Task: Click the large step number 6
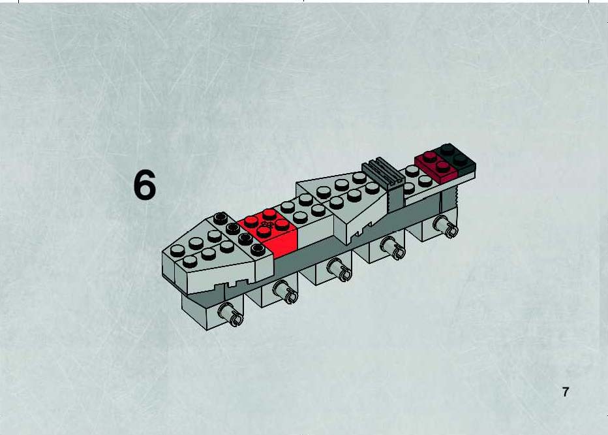tap(145, 185)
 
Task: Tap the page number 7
tap(566, 392)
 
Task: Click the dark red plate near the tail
tap(436, 167)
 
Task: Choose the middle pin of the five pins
tap(339, 269)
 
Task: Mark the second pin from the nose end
tap(285, 292)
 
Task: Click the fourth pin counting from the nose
tap(393, 248)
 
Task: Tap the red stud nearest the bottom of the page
tap(264, 231)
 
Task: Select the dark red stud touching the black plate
tap(442, 167)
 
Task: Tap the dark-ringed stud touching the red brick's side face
tap(258, 250)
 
